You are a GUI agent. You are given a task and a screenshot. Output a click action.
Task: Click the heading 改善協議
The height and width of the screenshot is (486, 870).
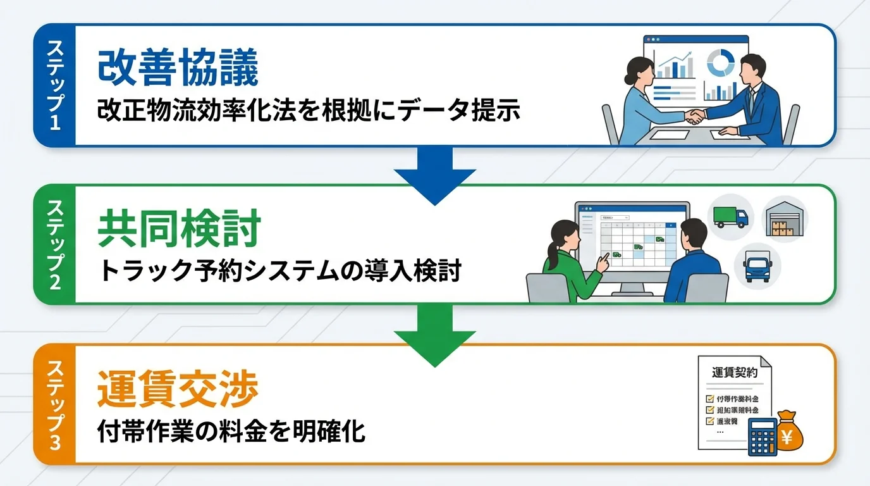178,69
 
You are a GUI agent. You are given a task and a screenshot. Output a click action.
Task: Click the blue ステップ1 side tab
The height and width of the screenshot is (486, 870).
55,85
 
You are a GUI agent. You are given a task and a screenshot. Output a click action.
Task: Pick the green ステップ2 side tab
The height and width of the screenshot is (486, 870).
55,244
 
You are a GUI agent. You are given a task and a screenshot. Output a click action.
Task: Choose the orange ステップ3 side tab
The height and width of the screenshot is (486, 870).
55,405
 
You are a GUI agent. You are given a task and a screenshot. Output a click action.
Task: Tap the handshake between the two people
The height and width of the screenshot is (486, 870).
696,116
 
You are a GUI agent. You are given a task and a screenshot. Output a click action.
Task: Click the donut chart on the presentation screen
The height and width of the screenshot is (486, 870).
720,63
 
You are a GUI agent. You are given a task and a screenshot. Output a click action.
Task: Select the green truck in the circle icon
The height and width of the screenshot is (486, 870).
730,216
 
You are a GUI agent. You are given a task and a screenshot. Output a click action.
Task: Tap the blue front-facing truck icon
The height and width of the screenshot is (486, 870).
757,266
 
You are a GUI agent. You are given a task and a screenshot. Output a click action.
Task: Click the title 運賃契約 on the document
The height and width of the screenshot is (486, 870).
734,373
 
